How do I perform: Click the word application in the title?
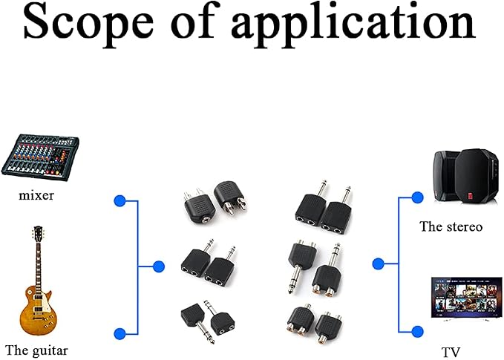pos(353,26)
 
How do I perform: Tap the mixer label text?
pos(36,195)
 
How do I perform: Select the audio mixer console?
pos(40,157)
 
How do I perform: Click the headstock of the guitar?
pos(38,234)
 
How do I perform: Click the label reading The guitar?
pos(36,350)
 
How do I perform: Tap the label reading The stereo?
pos(451,226)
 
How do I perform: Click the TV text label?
pos(451,353)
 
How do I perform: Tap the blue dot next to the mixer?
pos(120,201)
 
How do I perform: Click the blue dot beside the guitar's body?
pos(120,334)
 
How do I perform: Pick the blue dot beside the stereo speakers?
pos(417,197)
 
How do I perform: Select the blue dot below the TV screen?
pos(417,331)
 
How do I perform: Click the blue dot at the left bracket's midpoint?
pos(159,266)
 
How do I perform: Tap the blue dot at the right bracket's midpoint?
pos(379,264)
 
